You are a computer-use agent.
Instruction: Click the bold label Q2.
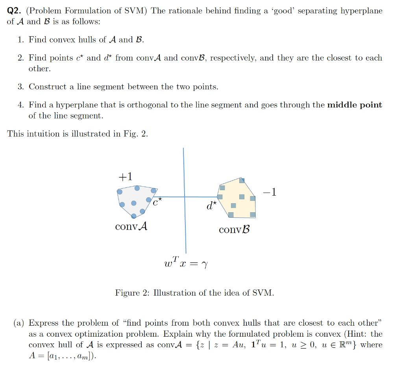(x=15, y=11)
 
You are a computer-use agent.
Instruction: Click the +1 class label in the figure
(x=125, y=176)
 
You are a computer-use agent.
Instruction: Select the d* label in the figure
(x=211, y=205)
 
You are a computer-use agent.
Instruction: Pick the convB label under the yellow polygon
(x=235, y=230)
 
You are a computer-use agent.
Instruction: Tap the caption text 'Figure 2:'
(x=132, y=293)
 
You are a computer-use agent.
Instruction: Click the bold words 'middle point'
(x=355, y=105)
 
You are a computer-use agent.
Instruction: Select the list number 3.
(x=20, y=87)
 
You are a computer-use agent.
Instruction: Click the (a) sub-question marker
(x=19, y=323)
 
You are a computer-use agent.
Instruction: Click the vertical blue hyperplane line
(x=184, y=228)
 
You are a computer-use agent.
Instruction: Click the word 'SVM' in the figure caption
(x=264, y=293)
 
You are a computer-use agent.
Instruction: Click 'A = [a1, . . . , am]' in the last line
(x=62, y=356)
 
